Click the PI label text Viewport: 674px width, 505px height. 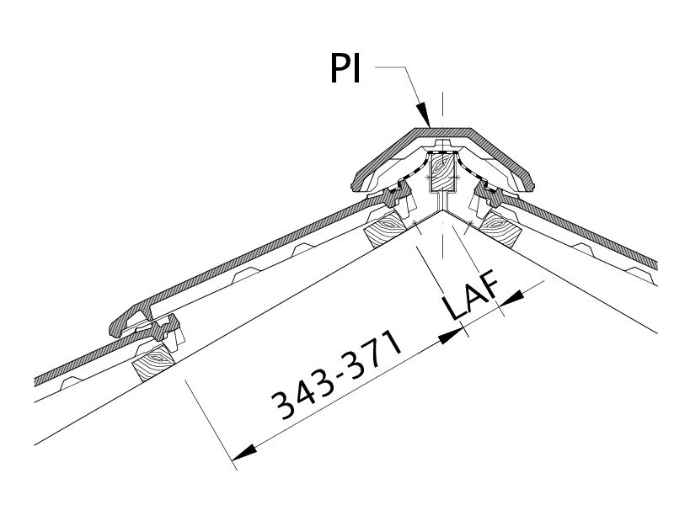345,68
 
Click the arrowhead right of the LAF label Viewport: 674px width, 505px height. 511,298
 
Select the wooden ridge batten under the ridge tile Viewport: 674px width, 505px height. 443,173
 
